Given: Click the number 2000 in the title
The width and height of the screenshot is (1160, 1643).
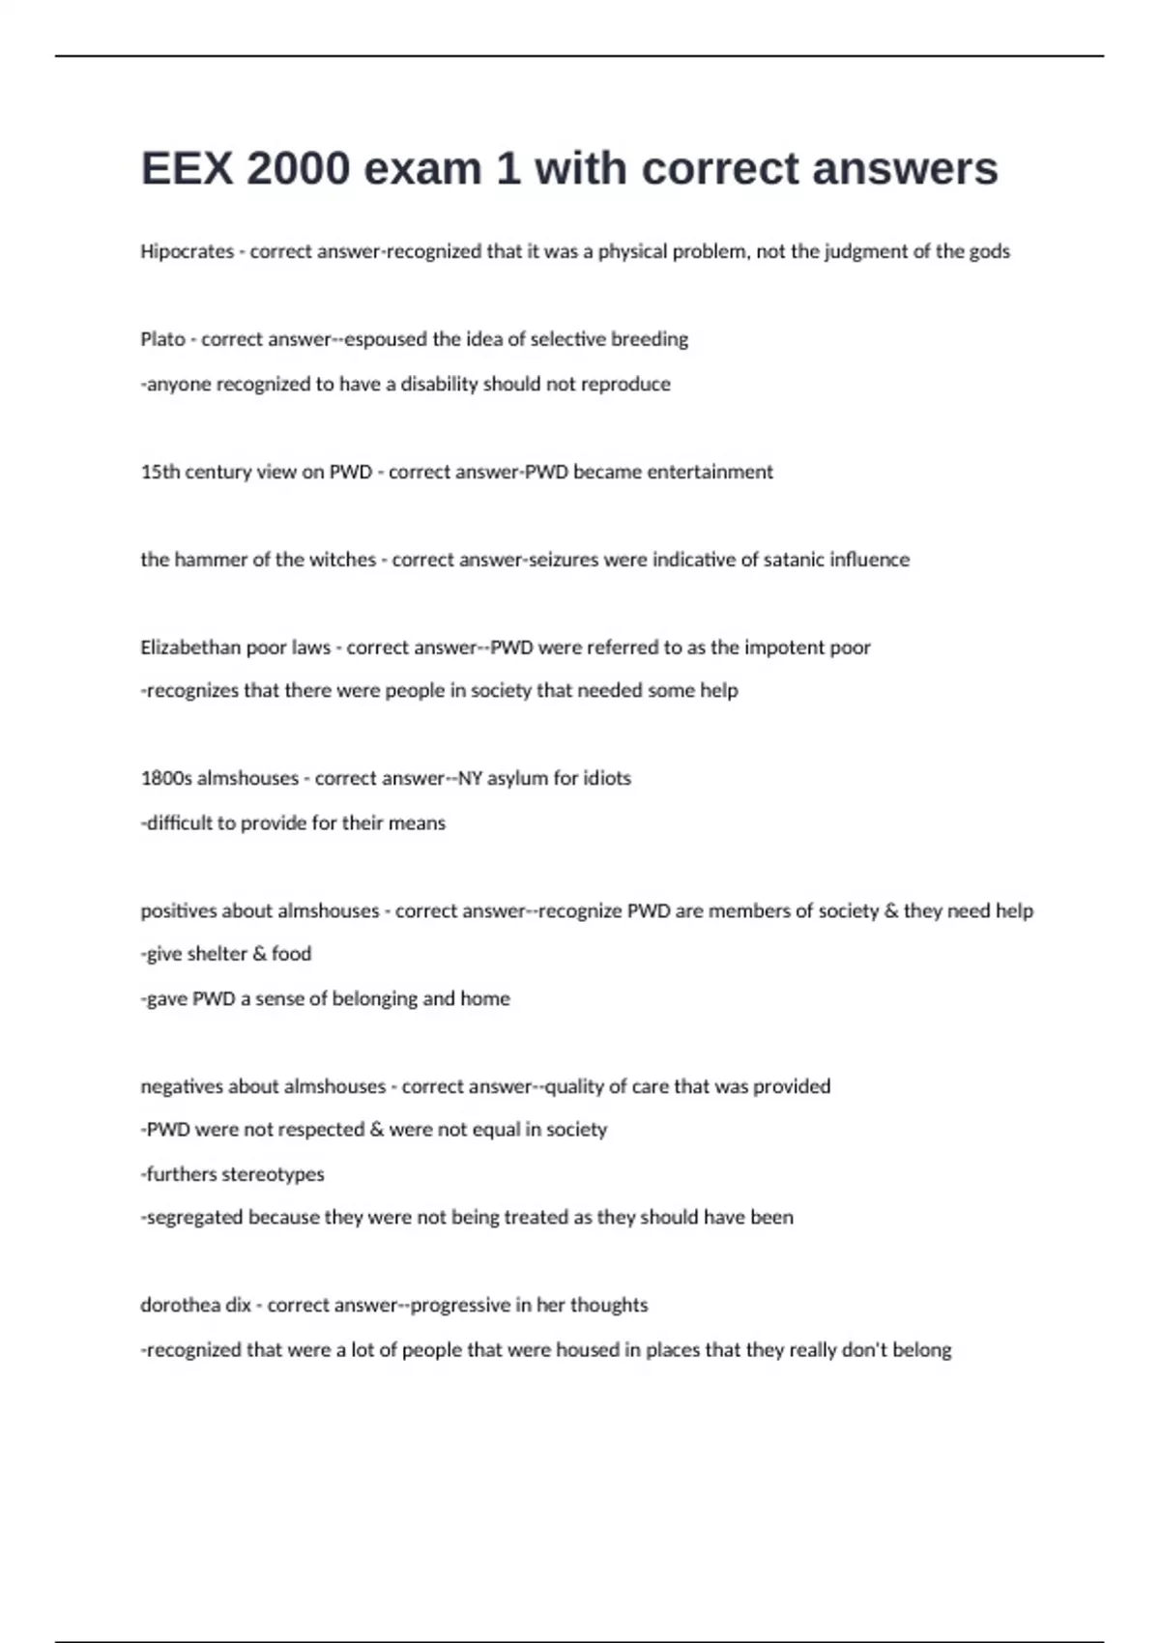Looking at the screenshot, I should [298, 169].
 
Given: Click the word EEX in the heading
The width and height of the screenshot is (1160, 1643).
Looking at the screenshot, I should [186, 169].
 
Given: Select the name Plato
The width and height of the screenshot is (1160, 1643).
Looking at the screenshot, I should [162, 339].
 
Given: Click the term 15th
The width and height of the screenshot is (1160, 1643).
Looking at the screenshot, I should [159, 472].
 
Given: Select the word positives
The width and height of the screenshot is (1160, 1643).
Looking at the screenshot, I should [179, 910].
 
